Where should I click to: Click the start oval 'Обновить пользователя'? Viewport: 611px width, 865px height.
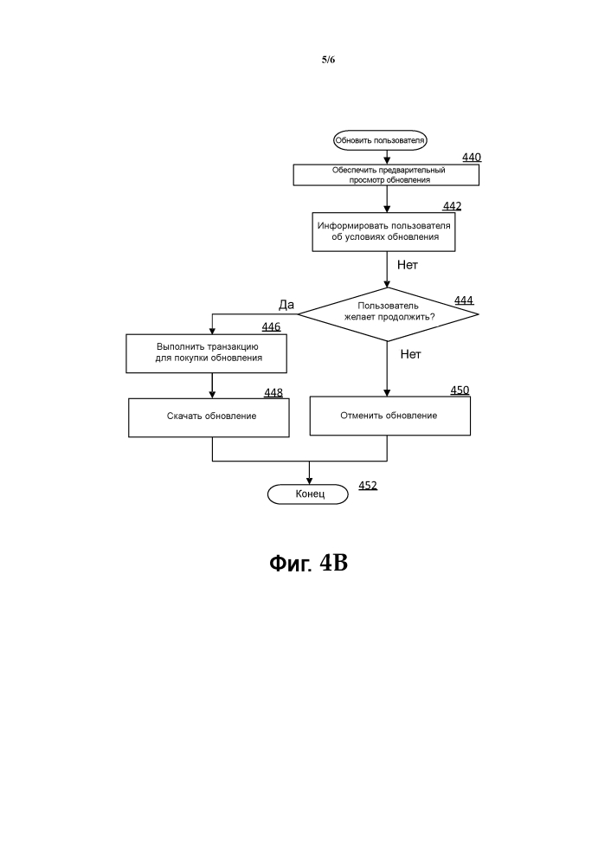click(380, 140)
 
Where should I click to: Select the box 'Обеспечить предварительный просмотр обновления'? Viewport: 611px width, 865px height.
click(386, 175)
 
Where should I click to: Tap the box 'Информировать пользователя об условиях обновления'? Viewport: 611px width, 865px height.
click(383, 232)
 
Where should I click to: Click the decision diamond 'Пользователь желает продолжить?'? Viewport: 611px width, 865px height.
click(389, 314)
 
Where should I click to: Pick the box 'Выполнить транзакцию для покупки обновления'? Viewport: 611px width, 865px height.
click(206, 353)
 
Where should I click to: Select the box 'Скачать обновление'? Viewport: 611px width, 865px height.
click(209, 417)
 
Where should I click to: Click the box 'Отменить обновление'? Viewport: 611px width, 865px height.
click(389, 416)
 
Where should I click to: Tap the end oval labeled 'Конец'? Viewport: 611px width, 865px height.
click(308, 494)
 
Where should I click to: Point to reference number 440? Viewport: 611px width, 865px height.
click(472, 158)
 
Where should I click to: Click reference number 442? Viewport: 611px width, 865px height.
click(452, 206)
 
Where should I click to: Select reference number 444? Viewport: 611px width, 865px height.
click(464, 300)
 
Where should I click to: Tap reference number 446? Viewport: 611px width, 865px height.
click(271, 327)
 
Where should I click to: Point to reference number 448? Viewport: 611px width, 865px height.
click(273, 393)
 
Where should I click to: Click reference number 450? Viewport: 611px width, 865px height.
click(460, 391)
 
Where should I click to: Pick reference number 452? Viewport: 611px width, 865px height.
click(368, 486)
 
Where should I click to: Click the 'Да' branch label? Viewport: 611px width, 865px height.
click(286, 305)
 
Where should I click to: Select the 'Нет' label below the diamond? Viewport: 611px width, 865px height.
click(411, 354)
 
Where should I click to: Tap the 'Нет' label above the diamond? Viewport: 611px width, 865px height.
click(408, 265)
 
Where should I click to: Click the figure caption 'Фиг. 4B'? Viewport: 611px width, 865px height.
click(309, 563)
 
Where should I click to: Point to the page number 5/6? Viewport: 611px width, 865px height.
click(328, 60)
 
